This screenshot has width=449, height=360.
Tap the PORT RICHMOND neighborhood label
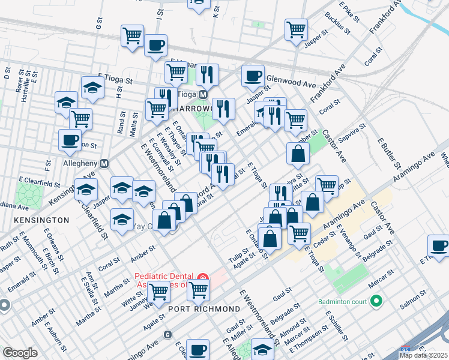204,308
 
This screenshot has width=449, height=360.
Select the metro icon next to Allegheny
104,163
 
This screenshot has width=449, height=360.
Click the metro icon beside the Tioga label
203,95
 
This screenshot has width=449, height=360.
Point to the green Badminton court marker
376,301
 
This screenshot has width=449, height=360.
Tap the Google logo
20,353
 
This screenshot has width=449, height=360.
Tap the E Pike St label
348,11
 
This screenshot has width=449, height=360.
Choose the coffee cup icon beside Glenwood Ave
253,76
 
